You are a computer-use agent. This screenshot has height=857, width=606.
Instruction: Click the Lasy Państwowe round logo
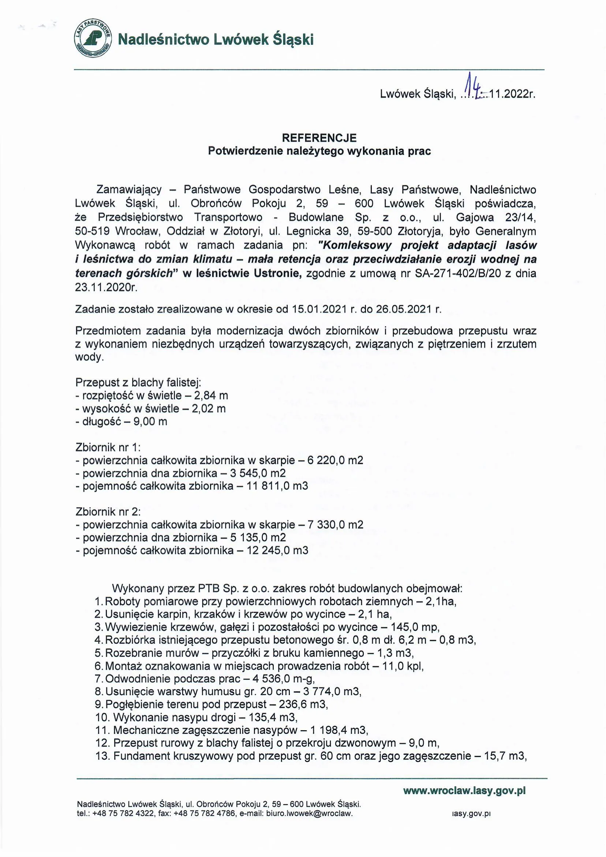pyautogui.click(x=93, y=39)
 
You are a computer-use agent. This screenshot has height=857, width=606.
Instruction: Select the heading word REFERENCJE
pyautogui.click(x=319, y=138)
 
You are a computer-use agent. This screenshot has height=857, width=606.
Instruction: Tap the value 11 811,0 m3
pyautogui.click(x=277, y=486)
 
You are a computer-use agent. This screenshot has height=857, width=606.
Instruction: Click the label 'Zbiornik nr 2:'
pyautogui.click(x=108, y=511)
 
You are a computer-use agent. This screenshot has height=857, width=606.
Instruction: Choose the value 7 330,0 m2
pyautogui.click(x=335, y=525)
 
